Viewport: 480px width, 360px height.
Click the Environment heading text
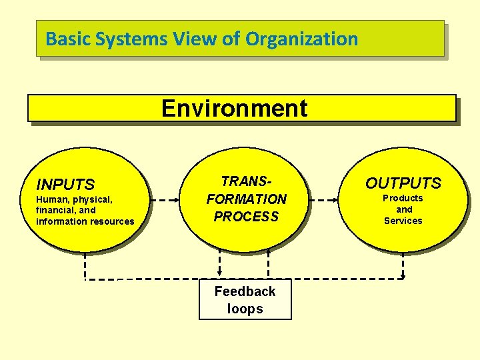(x=235, y=108)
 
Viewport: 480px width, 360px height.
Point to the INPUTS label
(x=65, y=184)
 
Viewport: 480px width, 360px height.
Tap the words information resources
(x=85, y=221)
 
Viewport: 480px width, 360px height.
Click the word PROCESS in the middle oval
(x=246, y=217)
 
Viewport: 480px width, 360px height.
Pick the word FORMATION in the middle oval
(x=246, y=199)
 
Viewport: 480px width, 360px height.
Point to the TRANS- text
(x=246, y=181)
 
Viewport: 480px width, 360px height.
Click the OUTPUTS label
(x=403, y=183)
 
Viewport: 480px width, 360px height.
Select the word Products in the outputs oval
(x=403, y=198)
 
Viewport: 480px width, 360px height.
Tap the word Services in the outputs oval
(x=403, y=221)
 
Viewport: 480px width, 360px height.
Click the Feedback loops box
(x=245, y=300)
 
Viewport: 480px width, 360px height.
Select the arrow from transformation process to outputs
(x=326, y=199)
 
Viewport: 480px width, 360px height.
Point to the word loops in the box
(x=245, y=309)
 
